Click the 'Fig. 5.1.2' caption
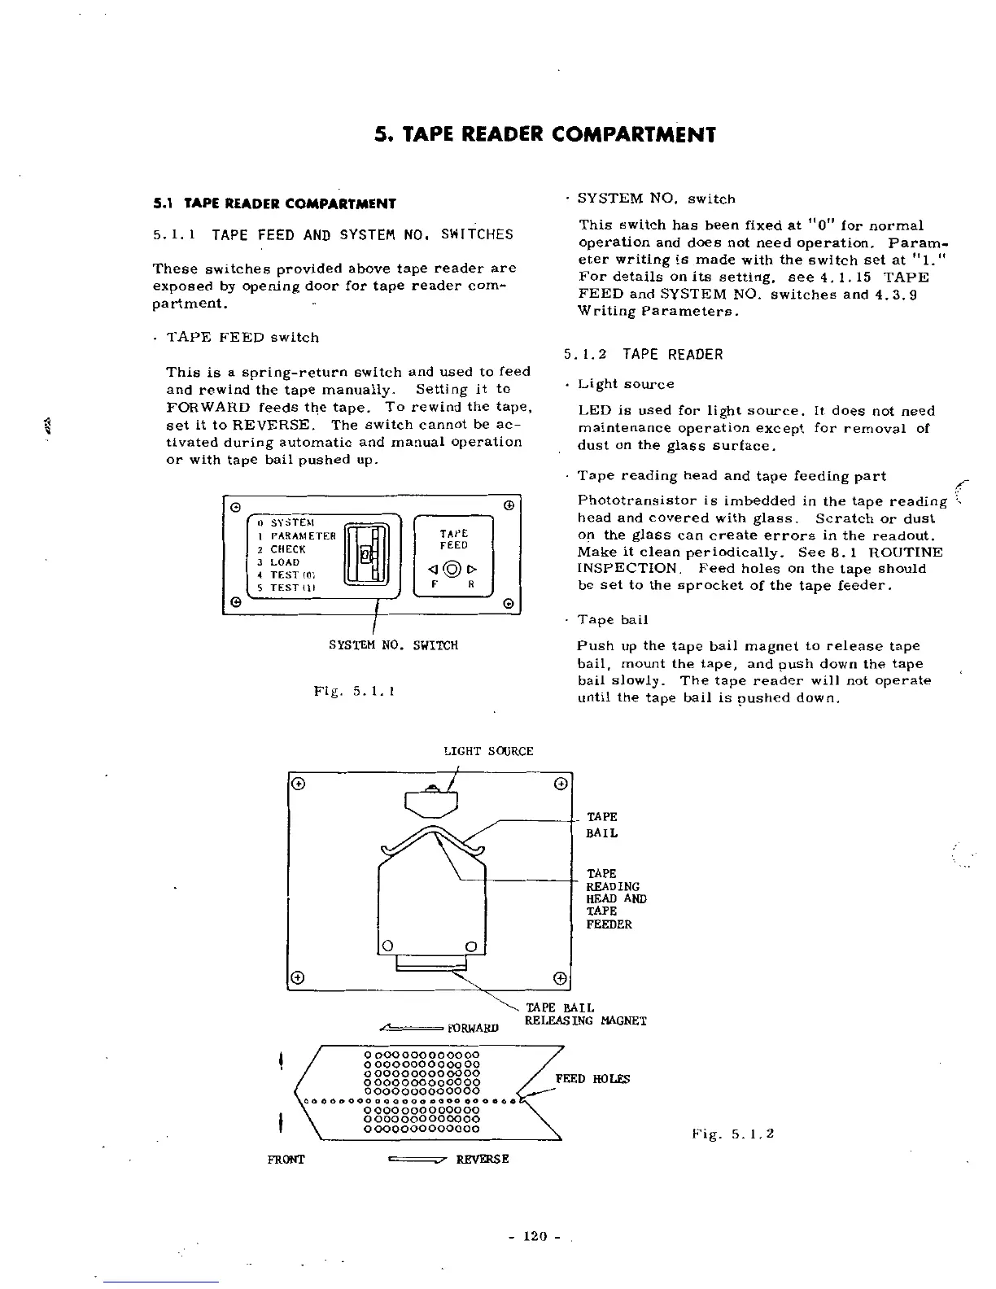(x=732, y=1133)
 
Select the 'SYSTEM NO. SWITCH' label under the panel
(x=393, y=645)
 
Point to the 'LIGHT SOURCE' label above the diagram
(x=488, y=751)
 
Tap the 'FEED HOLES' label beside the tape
(x=592, y=1079)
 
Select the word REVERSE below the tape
(x=483, y=1159)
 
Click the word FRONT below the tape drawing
(x=286, y=1159)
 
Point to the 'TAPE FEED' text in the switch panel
(x=453, y=540)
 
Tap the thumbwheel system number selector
(x=368, y=555)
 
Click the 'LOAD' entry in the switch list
(x=285, y=562)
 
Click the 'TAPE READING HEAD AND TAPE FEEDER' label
(x=616, y=898)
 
